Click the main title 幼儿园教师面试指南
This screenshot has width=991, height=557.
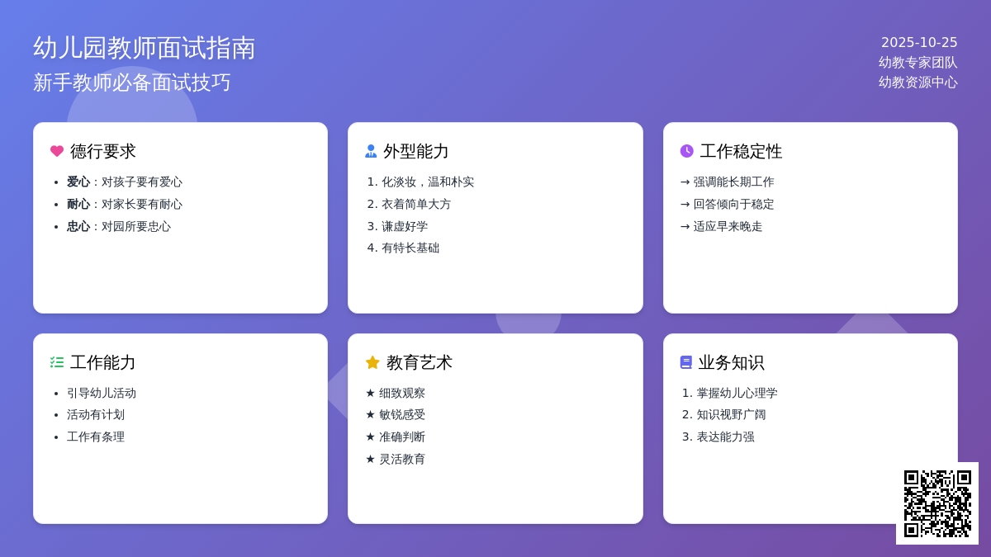[145, 48]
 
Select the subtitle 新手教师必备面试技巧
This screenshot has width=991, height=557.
[132, 83]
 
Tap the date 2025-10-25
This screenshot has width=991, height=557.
[919, 42]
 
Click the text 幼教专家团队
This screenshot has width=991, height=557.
[918, 62]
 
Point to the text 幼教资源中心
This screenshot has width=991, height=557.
[918, 82]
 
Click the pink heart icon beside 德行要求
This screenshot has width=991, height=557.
[57, 151]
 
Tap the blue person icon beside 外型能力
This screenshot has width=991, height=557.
[371, 151]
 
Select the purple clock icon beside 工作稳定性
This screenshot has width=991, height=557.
[687, 151]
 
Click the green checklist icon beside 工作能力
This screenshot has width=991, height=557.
[57, 362]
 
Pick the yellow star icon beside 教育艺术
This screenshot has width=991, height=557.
[372, 362]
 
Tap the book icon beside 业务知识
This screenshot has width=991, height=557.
[686, 362]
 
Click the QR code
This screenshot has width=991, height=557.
[937, 503]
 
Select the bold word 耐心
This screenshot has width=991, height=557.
[78, 204]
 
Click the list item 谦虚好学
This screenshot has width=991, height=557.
[405, 226]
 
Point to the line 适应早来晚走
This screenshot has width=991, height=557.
[728, 226]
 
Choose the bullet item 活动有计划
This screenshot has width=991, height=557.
[96, 414]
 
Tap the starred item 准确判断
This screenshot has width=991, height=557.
[402, 437]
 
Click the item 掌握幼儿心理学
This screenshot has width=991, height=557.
[737, 393]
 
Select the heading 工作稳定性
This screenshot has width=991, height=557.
[741, 151]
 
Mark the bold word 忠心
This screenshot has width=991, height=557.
[78, 226]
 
